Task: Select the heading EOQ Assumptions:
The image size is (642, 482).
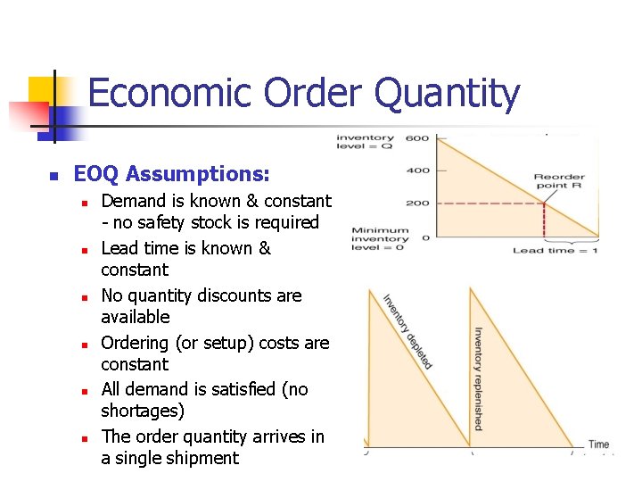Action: point(171,173)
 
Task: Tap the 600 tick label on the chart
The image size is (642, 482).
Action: point(417,138)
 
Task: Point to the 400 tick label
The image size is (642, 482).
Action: point(417,170)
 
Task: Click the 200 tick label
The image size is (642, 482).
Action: point(417,204)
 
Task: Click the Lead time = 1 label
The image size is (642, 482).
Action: point(556,251)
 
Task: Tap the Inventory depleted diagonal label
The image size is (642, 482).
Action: point(407,331)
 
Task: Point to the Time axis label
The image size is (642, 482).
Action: point(598,445)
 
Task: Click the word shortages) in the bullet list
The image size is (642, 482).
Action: point(143,411)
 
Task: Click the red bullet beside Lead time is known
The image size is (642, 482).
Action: point(83,250)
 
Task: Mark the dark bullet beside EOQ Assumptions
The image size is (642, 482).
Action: point(53,174)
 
